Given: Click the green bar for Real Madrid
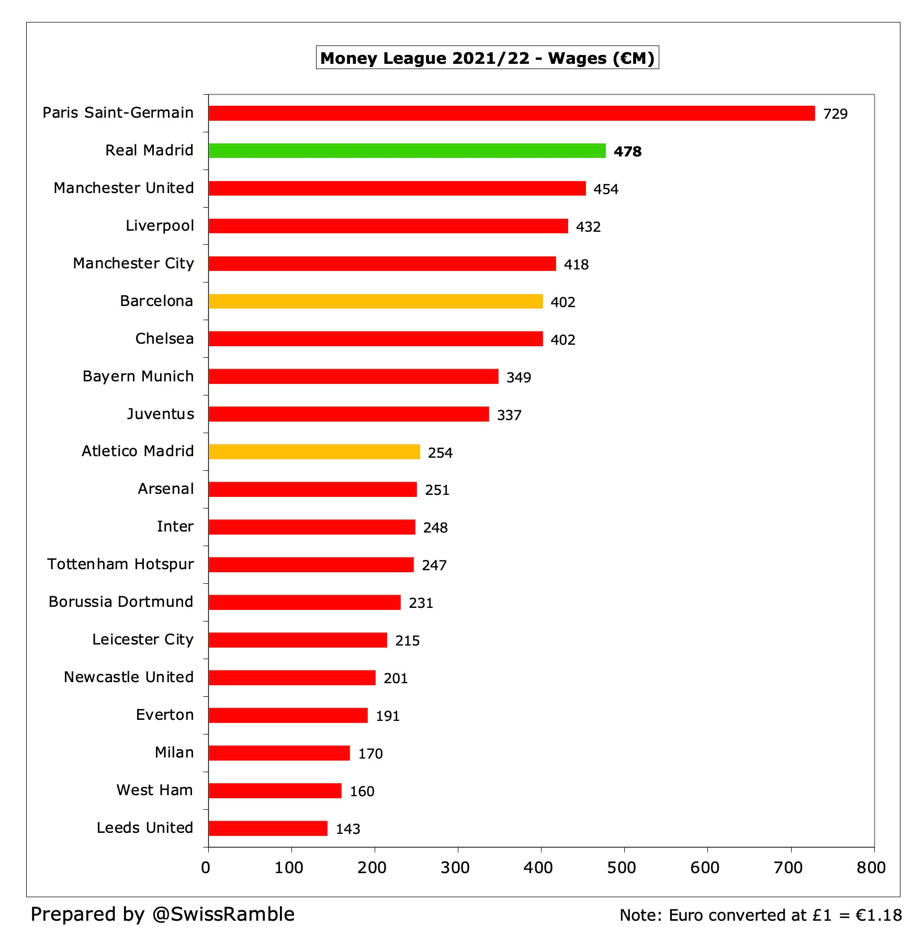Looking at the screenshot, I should click(407, 151).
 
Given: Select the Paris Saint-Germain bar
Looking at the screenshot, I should click(512, 113).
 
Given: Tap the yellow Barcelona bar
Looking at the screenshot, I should click(376, 301).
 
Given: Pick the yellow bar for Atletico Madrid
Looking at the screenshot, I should click(314, 451).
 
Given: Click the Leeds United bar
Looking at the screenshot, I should click(268, 828).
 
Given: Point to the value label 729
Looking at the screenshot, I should click(835, 114).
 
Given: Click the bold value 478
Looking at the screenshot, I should click(627, 152).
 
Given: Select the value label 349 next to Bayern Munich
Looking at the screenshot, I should click(519, 378).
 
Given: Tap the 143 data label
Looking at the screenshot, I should click(348, 829).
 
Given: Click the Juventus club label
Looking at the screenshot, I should click(161, 414).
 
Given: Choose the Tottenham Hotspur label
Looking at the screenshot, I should click(120, 564).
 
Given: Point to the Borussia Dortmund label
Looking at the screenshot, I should click(121, 602).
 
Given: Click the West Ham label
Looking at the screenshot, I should click(155, 790).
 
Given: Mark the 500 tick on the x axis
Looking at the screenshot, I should click(622, 867).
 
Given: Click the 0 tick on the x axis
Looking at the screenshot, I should click(206, 867).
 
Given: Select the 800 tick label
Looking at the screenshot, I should click(871, 867).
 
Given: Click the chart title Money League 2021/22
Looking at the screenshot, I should click(487, 58).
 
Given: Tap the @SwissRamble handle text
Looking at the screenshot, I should click(223, 914).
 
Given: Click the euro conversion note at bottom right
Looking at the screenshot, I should click(761, 915).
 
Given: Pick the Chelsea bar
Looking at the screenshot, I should click(376, 339).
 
